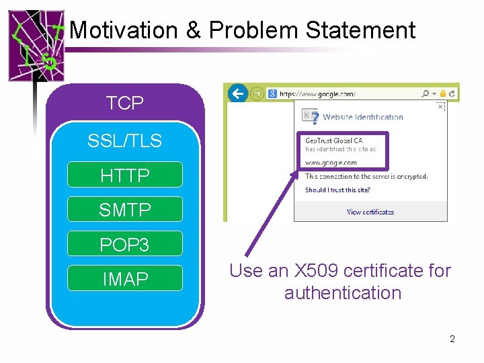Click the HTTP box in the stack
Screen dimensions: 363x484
coord(125,175)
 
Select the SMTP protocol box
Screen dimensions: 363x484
coord(125,210)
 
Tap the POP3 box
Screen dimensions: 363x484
coord(125,245)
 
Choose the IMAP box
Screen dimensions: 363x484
coord(125,278)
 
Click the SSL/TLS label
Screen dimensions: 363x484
coord(125,140)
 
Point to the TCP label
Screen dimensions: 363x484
coord(125,103)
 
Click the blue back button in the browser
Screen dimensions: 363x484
coord(238,93)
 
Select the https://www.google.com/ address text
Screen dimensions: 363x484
coord(317,93)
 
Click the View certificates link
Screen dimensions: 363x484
coord(370,212)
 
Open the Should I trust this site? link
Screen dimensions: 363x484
coord(337,190)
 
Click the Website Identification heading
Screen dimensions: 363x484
coord(363,117)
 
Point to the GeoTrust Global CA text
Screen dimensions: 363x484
coord(334,140)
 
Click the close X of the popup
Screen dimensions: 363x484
coord(440,106)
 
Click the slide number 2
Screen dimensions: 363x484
coord(452,339)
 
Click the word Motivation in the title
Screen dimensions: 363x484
coord(123,30)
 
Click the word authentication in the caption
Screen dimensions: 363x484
coord(343,293)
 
